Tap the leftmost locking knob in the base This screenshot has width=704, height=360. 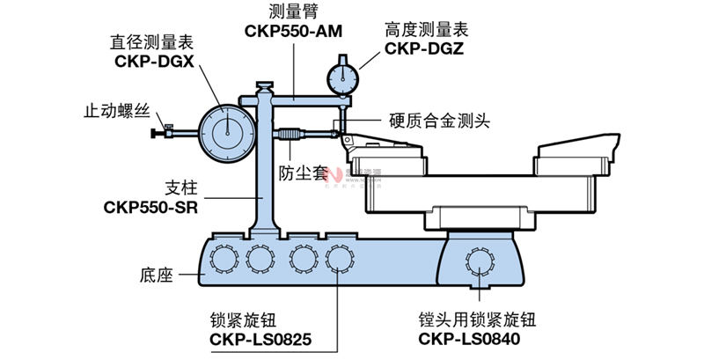223,257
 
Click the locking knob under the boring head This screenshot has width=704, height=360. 480,261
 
